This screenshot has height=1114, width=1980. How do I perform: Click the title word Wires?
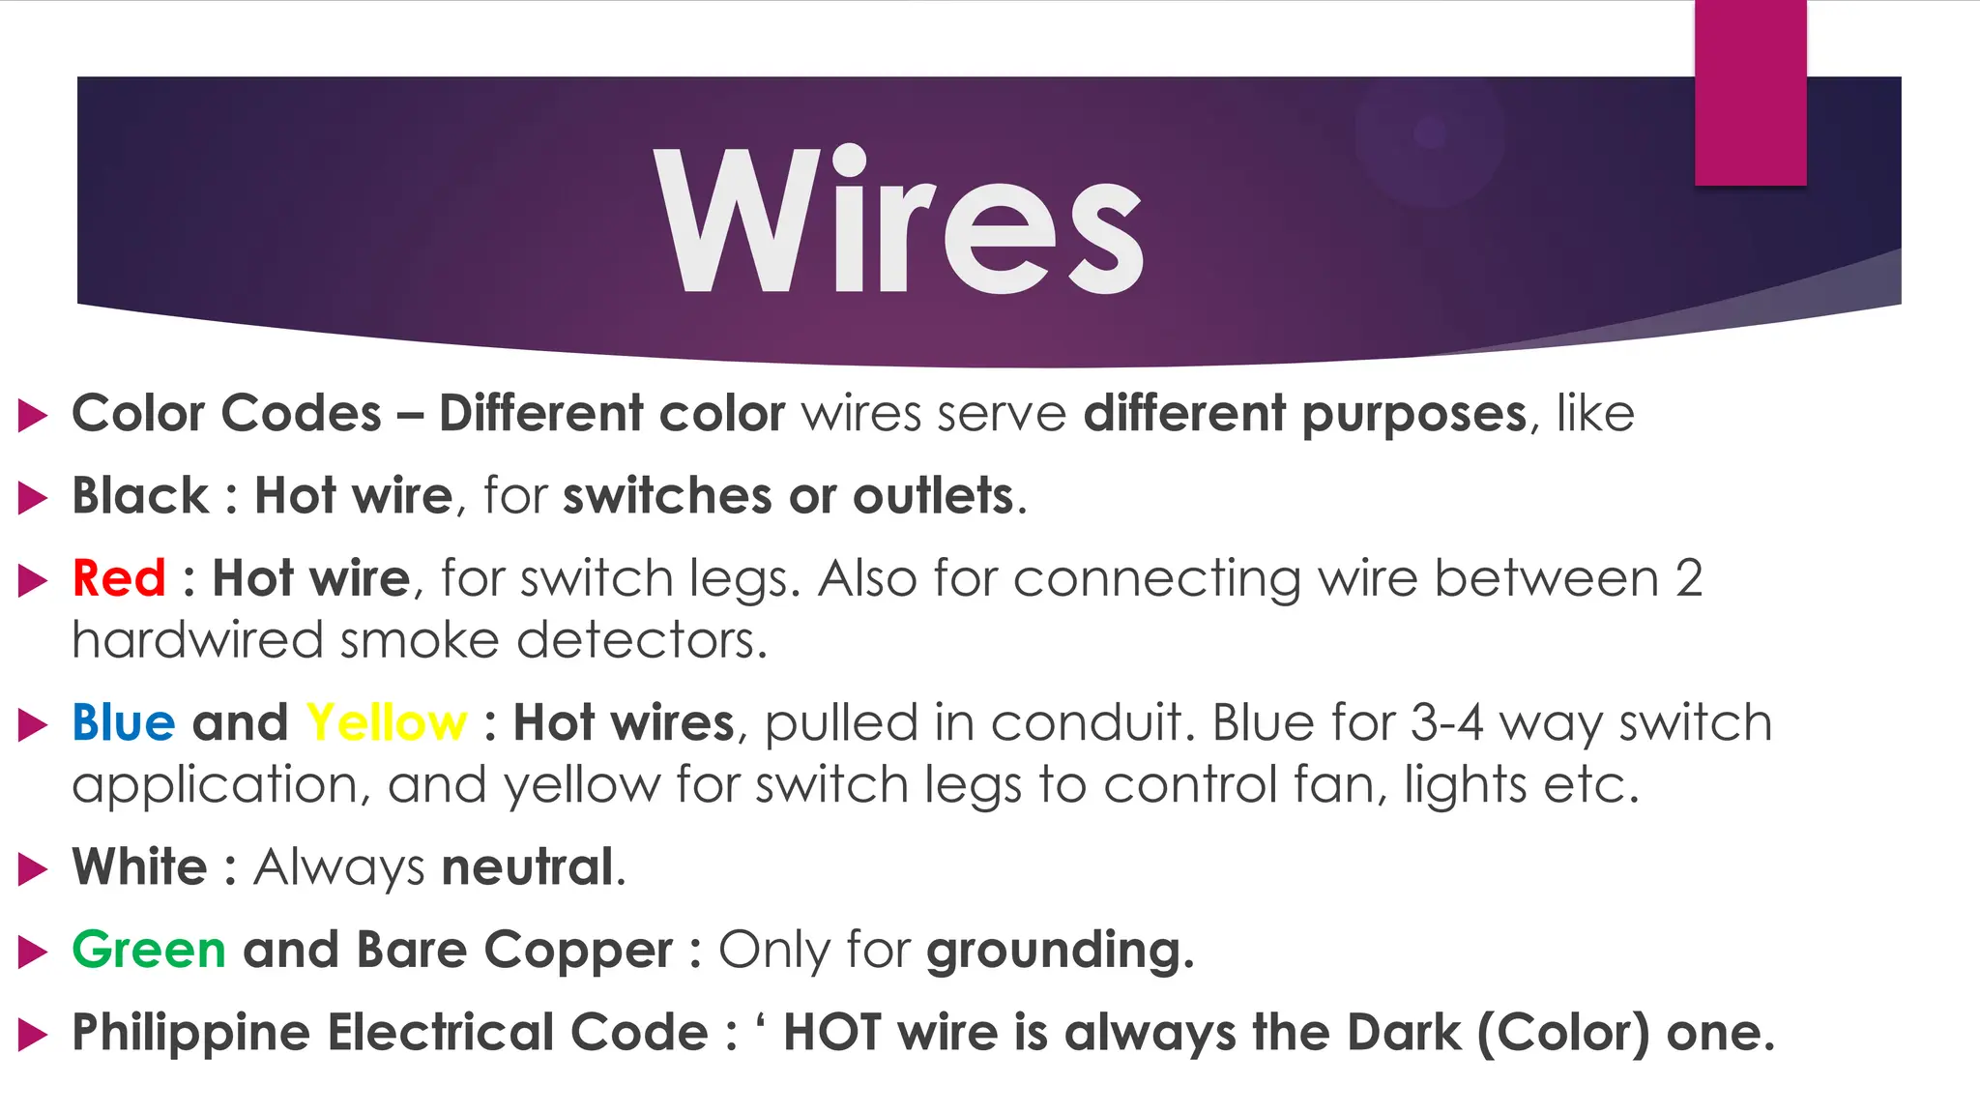coord(899,220)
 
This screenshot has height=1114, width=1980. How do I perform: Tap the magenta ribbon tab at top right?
coord(1750,92)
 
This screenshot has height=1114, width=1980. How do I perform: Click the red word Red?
coord(119,578)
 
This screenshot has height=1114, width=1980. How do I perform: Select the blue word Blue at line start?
coord(124,722)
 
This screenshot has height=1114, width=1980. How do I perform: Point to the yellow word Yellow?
coord(387,722)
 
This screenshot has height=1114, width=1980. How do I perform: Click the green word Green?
coord(149,949)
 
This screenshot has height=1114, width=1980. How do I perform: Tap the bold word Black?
coord(140,496)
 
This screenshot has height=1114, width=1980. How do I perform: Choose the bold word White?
coord(140,866)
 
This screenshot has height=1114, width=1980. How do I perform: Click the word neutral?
coord(528,866)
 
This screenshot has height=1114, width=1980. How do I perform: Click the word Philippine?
coord(191,1033)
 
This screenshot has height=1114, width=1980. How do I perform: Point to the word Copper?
coord(578,951)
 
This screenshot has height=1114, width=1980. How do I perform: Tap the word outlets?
coord(933,496)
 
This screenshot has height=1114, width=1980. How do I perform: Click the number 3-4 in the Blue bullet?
coord(1446,722)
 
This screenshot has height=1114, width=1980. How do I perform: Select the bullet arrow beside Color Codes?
coord(33,416)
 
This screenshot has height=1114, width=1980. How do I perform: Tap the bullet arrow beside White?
coord(33,868)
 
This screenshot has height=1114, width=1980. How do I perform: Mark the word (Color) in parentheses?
coord(1563,1033)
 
